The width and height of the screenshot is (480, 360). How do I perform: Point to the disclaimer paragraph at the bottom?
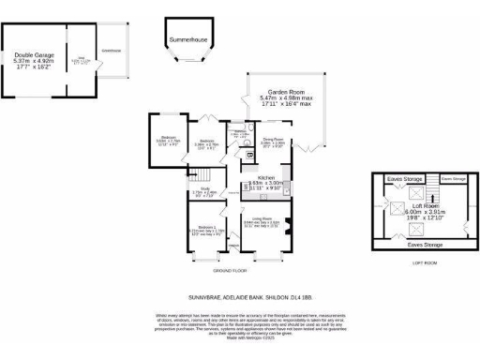tap(240, 326)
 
